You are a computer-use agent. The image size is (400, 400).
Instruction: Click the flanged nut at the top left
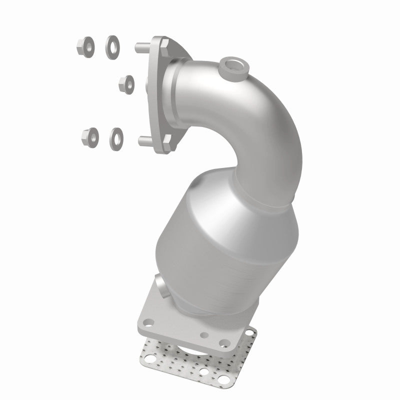(83, 46)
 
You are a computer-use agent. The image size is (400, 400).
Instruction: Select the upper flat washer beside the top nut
(112, 47)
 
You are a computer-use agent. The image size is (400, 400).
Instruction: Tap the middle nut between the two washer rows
(126, 84)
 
